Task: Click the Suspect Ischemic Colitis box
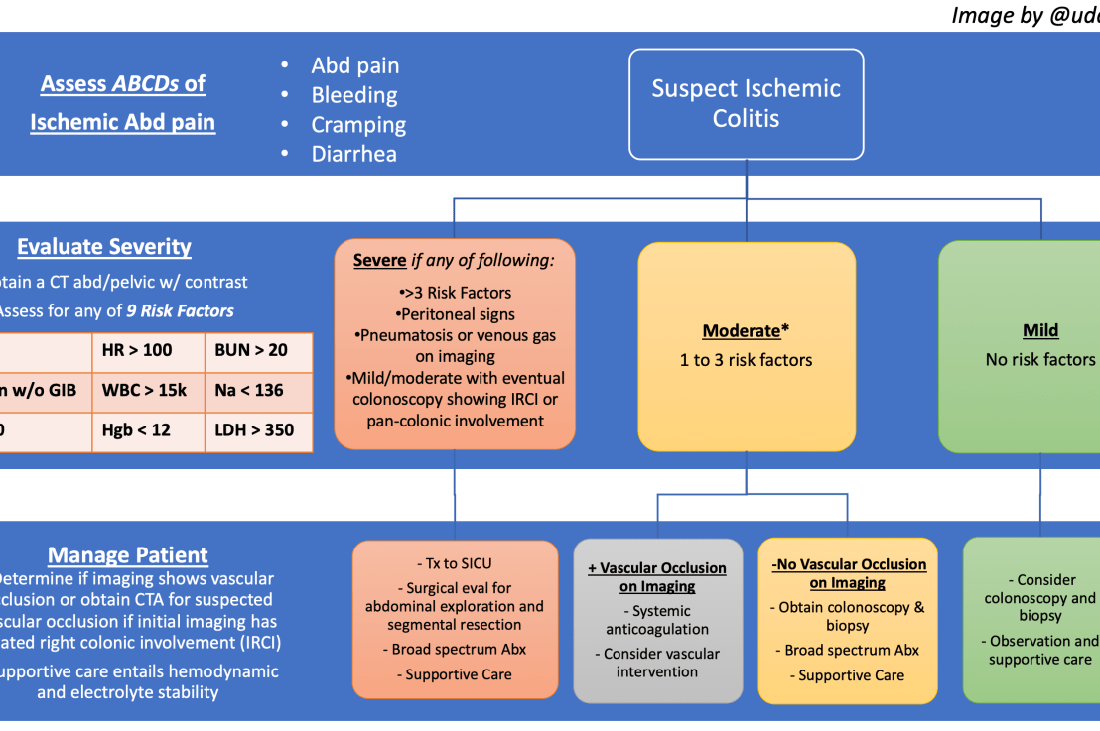pos(746,103)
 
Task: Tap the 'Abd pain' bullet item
pos(354,65)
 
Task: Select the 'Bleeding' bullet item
pos(353,95)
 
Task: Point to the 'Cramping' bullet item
pos(358,125)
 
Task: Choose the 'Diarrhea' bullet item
pos(353,154)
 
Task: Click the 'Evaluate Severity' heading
pos(104,247)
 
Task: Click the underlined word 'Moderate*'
pos(746,331)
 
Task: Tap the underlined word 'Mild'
pos(1039,331)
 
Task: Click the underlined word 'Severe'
pos(379,261)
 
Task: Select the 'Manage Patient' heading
pos(128,554)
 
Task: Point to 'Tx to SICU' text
pos(455,562)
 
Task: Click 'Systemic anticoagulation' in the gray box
pos(657,620)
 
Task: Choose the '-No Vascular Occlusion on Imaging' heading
pos(848,573)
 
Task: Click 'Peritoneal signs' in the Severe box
pos(455,313)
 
